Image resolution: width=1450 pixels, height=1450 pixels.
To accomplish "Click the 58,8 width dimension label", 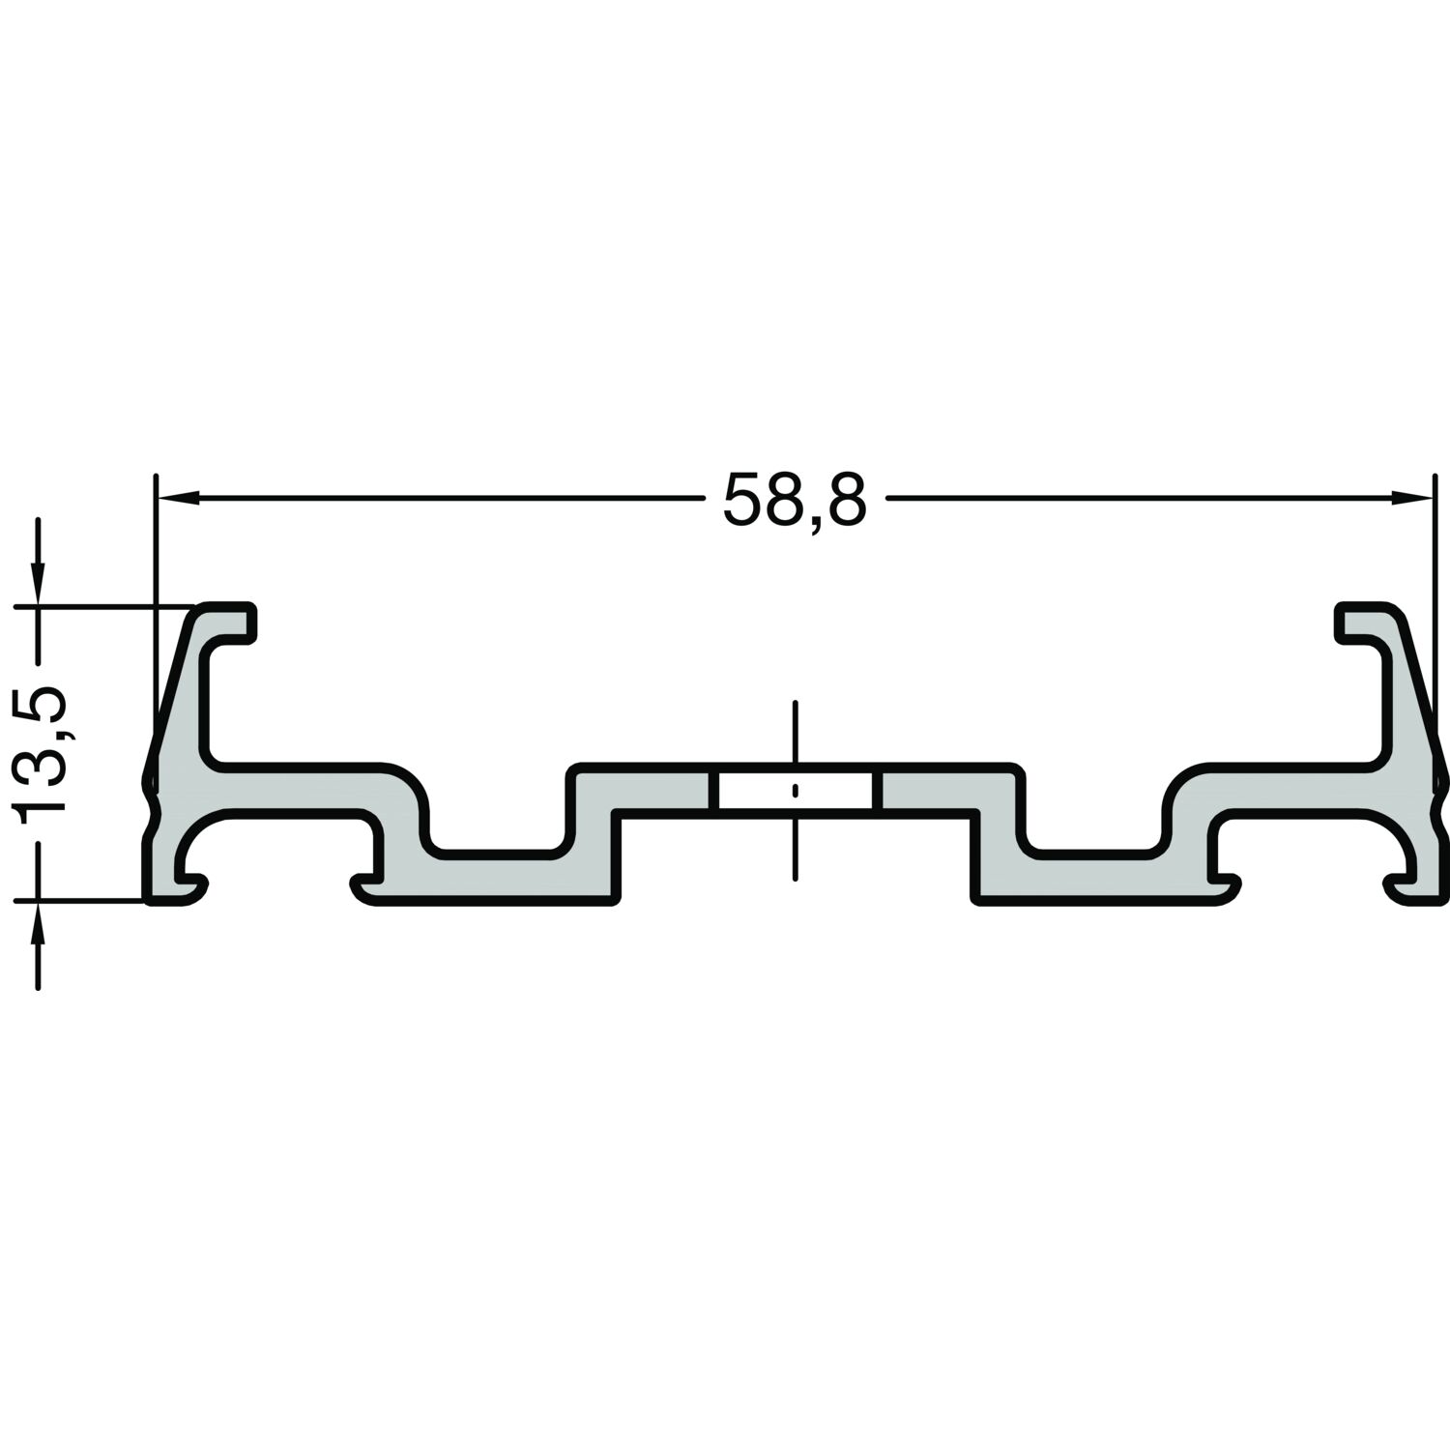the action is point(795,500).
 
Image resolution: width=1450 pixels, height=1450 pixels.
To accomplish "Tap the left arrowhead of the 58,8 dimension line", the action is point(178,498).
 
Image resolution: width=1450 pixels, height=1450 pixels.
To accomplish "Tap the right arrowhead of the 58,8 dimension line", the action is point(1410,498).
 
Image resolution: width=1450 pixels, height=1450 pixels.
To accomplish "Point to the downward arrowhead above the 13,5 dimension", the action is point(38,584).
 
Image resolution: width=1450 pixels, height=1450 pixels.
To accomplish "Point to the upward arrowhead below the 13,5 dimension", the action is point(38,924).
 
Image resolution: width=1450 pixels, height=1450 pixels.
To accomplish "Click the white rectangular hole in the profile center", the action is point(795,790).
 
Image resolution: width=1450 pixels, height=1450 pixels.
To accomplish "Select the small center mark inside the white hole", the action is point(795,791).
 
